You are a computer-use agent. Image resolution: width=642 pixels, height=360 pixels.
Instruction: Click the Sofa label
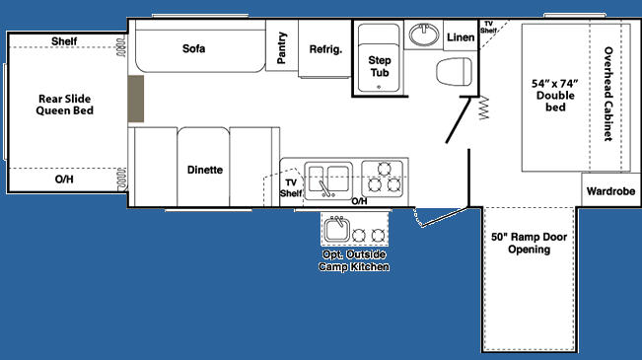point(193,48)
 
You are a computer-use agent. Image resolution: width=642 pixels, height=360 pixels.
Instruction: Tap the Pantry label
point(282,48)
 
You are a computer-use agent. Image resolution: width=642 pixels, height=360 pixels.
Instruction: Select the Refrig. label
point(325,49)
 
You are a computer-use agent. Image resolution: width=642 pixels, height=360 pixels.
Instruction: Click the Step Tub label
point(380,66)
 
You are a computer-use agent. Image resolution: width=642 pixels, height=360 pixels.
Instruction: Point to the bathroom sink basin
point(424,35)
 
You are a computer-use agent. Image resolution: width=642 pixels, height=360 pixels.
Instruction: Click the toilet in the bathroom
point(454,72)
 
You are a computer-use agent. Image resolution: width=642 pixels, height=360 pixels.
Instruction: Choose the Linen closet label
point(461,37)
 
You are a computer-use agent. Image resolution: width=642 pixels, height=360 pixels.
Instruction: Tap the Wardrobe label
point(610,191)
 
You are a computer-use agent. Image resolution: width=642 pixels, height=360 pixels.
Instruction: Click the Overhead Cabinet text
point(608,95)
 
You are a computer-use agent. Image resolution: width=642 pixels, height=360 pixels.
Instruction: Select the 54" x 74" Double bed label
point(555,96)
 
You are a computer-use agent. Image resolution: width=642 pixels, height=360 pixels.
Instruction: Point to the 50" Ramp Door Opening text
point(529,243)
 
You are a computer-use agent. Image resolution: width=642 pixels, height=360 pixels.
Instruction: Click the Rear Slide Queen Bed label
point(65,105)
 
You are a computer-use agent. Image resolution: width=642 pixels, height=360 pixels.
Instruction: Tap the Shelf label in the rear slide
point(64,41)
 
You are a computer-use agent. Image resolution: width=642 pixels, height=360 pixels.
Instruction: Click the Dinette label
point(205,170)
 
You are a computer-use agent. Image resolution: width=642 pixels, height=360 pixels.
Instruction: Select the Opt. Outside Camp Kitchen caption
point(354,260)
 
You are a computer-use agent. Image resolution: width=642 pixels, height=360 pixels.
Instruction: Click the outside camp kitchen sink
point(337,229)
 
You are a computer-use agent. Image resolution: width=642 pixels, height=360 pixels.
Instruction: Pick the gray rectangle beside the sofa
point(135,99)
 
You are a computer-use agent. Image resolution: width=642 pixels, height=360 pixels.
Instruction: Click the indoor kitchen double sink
point(328,180)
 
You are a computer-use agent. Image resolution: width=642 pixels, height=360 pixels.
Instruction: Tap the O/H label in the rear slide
point(64,179)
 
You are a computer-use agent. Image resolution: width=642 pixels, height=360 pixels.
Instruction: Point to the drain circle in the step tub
point(379,87)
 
